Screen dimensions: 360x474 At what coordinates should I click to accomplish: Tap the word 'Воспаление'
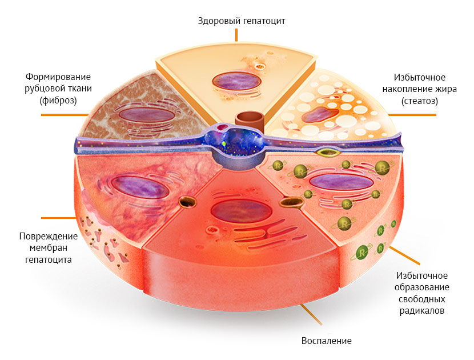(x=326, y=341)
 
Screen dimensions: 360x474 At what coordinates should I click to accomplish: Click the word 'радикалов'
(x=423, y=311)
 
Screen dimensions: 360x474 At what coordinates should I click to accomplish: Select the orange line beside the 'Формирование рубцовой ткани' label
(x=63, y=115)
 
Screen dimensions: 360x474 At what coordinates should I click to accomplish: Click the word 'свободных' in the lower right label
(x=423, y=299)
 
